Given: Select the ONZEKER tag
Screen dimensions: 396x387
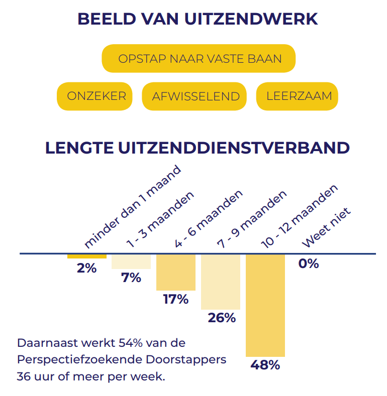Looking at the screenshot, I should pyautogui.click(x=96, y=95).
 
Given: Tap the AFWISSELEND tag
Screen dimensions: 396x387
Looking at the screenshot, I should pyautogui.click(x=196, y=96).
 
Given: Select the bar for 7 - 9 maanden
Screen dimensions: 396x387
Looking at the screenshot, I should pyautogui.click(x=220, y=282).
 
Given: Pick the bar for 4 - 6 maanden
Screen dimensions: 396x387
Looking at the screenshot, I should pyautogui.click(x=175, y=272).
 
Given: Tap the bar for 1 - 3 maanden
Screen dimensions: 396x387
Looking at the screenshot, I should pyautogui.click(x=131, y=261).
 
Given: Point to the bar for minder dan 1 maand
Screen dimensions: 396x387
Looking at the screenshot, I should pyautogui.click(x=86, y=256).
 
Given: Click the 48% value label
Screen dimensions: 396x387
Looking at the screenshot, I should pyautogui.click(x=265, y=365).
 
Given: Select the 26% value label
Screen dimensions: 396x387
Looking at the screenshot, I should pyautogui.click(x=221, y=318).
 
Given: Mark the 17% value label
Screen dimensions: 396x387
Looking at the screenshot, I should pyautogui.click(x=175, y=299).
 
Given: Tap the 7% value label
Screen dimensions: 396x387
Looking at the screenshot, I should pyautogui.click(x=131, y=278).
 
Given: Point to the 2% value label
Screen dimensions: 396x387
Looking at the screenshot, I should pyautogui.click(x=86, y=268).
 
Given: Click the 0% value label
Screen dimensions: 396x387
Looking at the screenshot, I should pyautogui.click(x=308, y=263).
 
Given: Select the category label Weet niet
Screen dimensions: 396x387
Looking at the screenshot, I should pyautogui.click(x=326, y=228).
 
